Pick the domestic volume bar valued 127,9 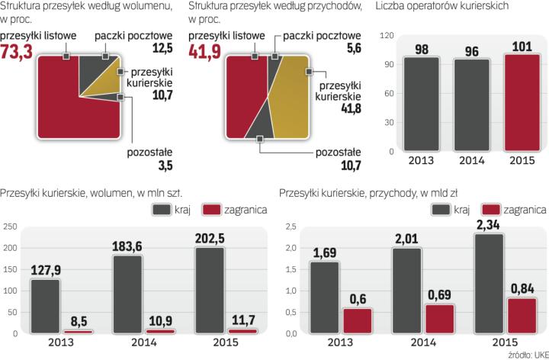point(47,306)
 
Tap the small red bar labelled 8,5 point(77,331)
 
